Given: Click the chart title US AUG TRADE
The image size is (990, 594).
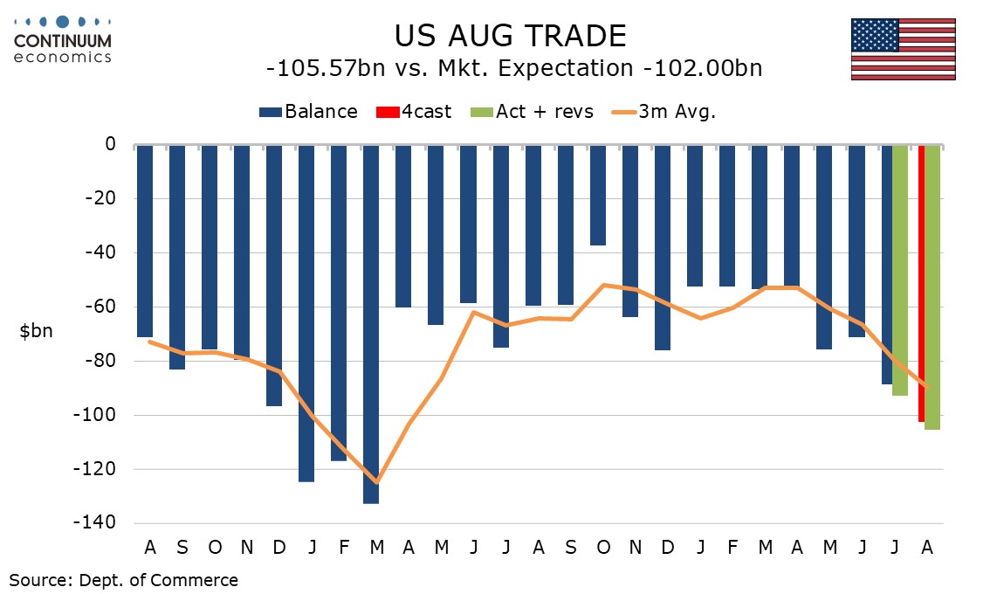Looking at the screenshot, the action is pos(510,36).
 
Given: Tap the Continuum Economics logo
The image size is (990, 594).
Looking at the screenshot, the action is pos(63,39).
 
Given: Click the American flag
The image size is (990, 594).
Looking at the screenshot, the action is pos(903,49).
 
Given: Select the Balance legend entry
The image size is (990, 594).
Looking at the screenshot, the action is pos(308,112).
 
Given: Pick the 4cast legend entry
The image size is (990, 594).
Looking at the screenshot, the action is pos(414,112).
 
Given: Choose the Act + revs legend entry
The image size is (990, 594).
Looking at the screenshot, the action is pos(533,112).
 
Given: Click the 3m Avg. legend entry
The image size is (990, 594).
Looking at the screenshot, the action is pos(663,112).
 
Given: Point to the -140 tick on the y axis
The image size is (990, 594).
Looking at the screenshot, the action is pos(94,522).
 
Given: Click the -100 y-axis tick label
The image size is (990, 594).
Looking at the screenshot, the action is pos(94,415).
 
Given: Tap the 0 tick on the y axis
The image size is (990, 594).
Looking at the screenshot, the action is pos(111,144).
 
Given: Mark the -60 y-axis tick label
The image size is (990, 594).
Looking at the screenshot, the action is pos(100,307).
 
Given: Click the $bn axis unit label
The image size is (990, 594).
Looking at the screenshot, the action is pos(36,331).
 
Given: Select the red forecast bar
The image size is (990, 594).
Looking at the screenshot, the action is pos(921,284).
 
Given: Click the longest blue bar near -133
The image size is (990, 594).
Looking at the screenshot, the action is pos(371,325).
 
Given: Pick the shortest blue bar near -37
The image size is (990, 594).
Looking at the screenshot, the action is pos(598,196).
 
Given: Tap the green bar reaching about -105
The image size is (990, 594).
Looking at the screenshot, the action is pos(932,287).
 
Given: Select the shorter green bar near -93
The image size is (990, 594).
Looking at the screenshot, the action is pos(900,271).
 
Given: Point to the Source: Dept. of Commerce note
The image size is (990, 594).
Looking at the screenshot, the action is pos(124,580).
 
